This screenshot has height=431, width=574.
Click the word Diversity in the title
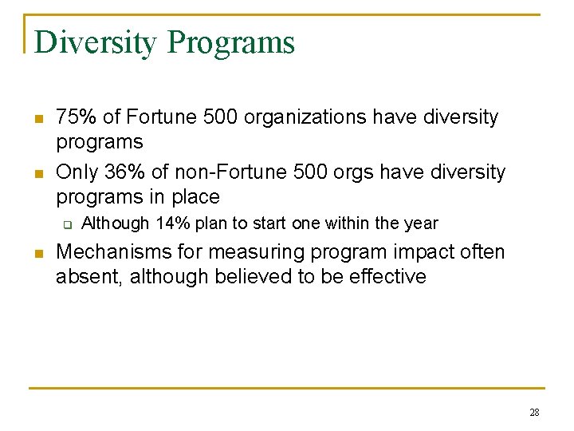(x=96, y=42)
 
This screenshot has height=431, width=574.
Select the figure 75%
(x=77, y=117)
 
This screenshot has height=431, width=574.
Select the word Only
(x=77, y=172)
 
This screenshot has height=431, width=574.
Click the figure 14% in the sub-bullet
(x=173, y=223)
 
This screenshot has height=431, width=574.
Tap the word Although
(x=116, y=223)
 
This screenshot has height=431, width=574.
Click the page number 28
(x=534, y=413)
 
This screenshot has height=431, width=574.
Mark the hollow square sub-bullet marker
(x=68, y=224)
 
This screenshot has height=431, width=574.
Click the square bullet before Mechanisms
(x=37, y=254)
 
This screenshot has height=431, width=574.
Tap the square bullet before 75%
(x=37, y=119)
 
